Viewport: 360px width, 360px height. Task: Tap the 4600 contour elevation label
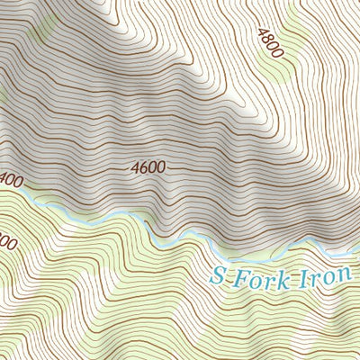click(x=148, y=167)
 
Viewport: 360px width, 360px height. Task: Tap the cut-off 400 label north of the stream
click(x=10, y=180)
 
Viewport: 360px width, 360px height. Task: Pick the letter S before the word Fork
click(x=217, y=278)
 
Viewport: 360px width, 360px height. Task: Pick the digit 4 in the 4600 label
click(x=134, y=167)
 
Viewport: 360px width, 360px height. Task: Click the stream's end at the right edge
click(x=358, y=242)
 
